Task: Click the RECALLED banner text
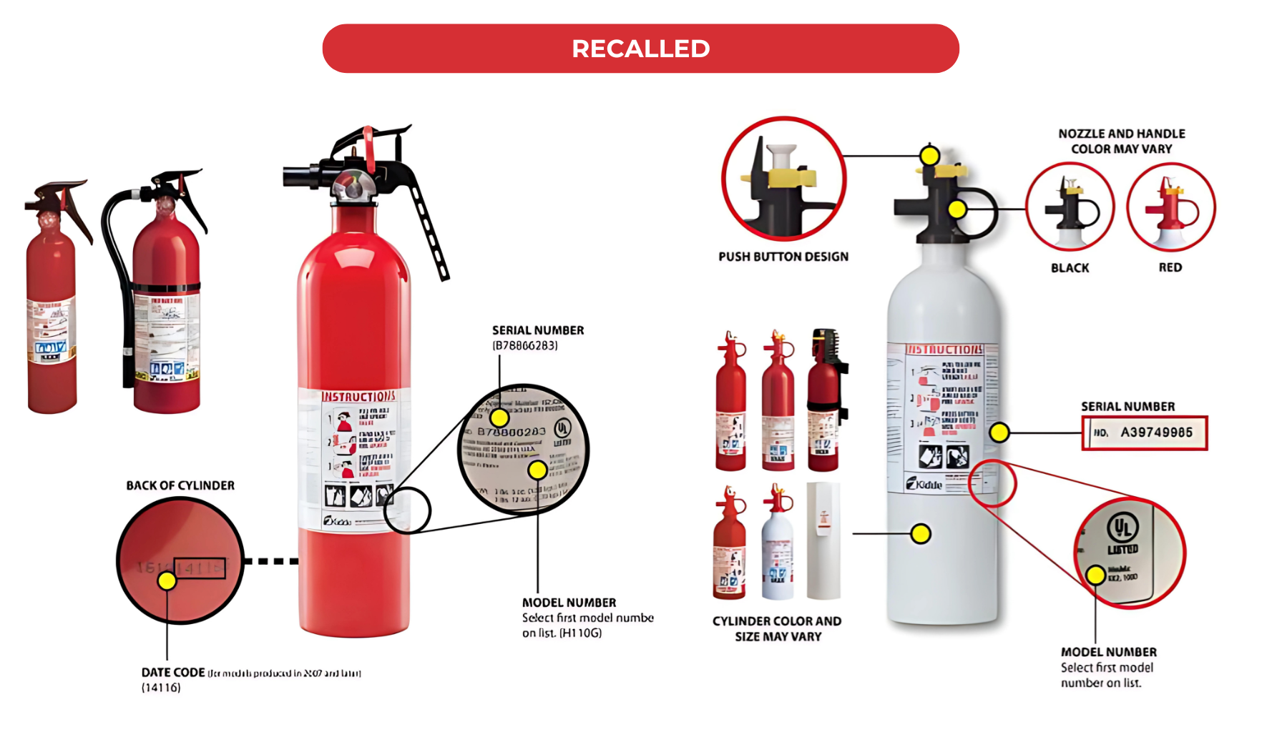point(640,49)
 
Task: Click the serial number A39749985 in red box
point(1155,432)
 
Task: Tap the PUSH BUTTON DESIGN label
point(783,257)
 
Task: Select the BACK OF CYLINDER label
point(180,485)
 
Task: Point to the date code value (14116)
point(161,688)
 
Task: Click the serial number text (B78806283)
point(525,345)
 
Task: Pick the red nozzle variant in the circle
point(1170,207)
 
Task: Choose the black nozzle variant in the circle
point(1070,207)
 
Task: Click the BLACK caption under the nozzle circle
point(1070,268)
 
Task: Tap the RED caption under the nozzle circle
point(1170,267)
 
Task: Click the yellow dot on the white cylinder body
point(921,533)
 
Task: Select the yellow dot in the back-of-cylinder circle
point(167,580)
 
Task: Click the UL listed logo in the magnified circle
point(1122,529)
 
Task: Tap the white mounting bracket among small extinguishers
point(823,540)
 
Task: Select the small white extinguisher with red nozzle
point(777,547)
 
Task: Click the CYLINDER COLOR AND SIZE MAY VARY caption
point(777,629)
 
